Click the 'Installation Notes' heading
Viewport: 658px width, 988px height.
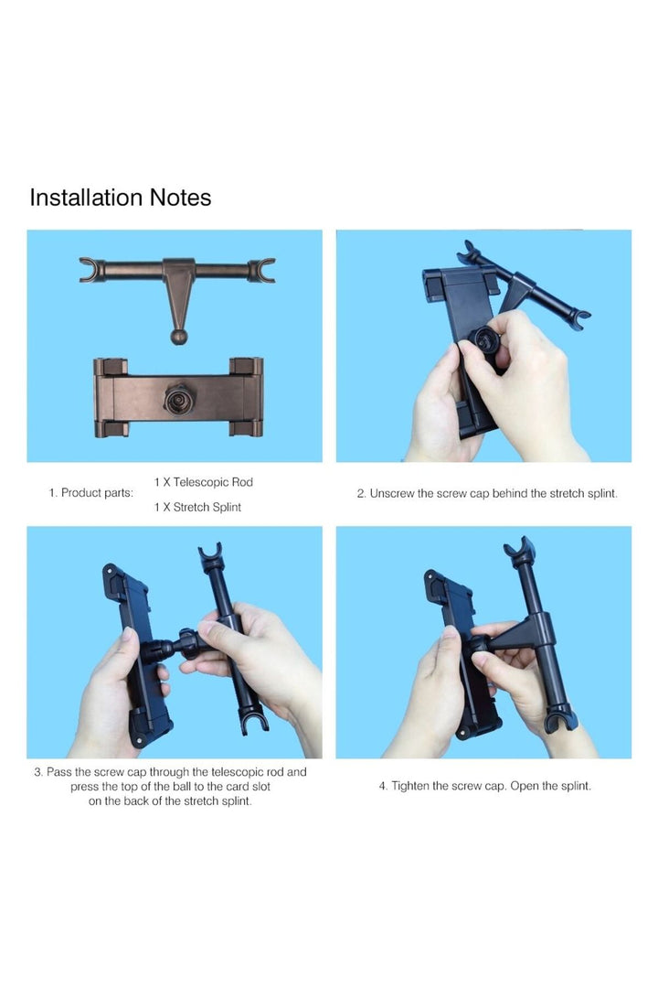coord(121,198)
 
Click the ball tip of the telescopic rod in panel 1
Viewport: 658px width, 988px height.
coord(179,337)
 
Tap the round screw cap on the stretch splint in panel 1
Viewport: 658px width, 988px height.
coord(179,398)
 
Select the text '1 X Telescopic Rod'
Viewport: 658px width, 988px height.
coord(204,482)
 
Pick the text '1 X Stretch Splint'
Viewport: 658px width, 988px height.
coord(197,507)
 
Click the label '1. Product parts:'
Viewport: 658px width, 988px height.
coord(91,493)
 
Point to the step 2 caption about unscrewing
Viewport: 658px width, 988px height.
coord(487,493)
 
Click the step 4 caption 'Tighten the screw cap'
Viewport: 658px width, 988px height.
coord(485,786)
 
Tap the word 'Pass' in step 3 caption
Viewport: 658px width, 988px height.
coord(59,772)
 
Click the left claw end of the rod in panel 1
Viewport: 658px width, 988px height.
coord(91,270)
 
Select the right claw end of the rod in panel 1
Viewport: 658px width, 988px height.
coord(262,270)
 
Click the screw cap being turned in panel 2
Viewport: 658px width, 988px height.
coord(486,341)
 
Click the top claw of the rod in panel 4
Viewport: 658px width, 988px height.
coord(519,550)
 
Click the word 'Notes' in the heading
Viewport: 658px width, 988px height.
coord(180,198)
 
